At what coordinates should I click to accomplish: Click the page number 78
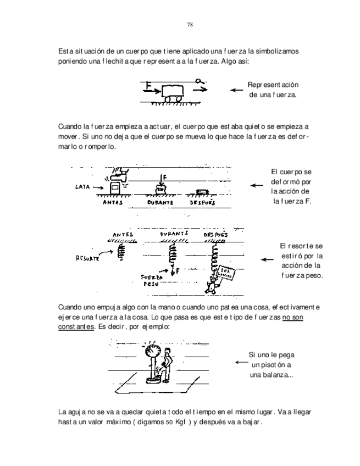tap(190, 25)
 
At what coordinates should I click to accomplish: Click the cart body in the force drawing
tap(174, 90)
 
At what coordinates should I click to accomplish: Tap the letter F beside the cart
tap(148, 85)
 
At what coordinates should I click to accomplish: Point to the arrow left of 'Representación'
tap(236, 90)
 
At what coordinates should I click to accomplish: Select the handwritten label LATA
tap(82, 186)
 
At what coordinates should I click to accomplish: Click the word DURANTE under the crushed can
tap(160, 202)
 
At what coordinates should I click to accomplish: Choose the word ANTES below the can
tap(113, 202)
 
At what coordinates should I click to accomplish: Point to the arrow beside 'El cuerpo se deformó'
tap(256, 186)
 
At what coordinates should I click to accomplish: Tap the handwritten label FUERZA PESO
tap(150, 281)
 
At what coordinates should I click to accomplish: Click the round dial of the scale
tap(152, 352)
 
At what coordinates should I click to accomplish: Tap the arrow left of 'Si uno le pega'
tap(241, 363)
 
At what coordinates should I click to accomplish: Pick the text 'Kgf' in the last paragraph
tap(182, 421)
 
